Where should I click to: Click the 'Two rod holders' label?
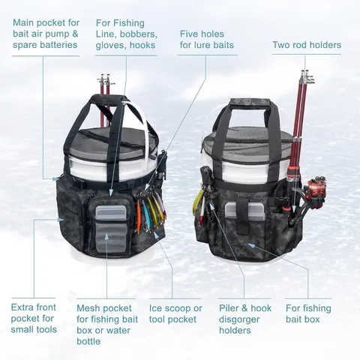coord(307,45)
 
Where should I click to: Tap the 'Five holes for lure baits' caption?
coord(207,40)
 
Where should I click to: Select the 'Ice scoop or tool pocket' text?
coord(175,313)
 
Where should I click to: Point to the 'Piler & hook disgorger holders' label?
coord(245,319)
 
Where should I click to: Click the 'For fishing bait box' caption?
coord(308,313)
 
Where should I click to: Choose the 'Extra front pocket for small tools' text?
coord(34,318)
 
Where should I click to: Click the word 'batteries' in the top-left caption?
coord(59,45)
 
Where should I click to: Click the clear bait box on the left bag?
coord(112,213)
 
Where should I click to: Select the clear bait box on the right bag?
coord(244,211)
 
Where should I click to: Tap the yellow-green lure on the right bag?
coord(196,202)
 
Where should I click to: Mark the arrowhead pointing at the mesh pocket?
coord(106,236)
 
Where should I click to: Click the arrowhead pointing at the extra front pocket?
coord(61,220)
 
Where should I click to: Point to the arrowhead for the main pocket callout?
coord(55,178)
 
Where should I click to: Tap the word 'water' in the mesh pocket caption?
coord(117,331)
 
